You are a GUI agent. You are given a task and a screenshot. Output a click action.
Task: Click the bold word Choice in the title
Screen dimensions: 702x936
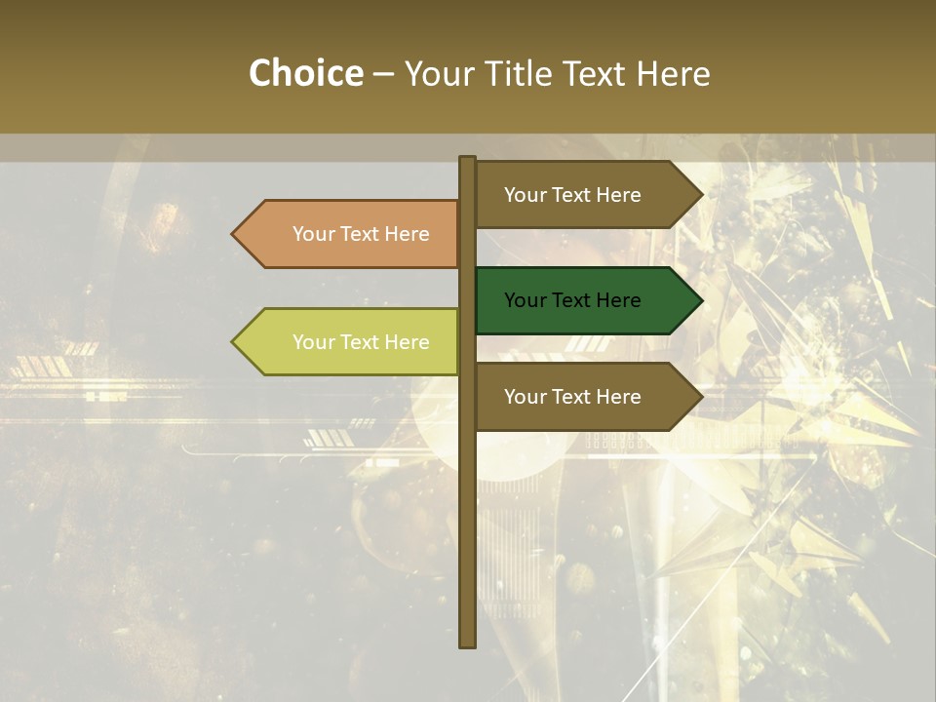[305, 74]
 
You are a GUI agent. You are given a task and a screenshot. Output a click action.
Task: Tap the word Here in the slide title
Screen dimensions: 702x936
[673, 74]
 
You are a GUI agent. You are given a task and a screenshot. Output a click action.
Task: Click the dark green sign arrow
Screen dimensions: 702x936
[585, 300]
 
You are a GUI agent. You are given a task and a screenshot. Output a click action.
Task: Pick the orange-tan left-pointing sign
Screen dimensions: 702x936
[351, 234]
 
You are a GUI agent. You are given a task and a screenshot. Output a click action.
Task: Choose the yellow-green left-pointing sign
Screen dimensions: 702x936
[351, 342]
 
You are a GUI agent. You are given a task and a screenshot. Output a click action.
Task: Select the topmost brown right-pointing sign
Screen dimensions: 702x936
[585, 195]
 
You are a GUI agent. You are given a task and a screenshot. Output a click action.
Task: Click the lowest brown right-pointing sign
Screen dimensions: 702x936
[585, 397]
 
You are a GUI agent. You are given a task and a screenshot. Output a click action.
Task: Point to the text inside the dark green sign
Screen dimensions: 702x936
[572, 300]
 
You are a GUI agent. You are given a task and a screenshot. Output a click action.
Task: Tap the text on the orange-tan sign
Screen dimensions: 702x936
[361, 234]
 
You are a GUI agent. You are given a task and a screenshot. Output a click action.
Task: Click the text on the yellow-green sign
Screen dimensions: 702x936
[361, 342]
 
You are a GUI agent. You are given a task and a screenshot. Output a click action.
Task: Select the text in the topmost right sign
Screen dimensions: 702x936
[572, 195]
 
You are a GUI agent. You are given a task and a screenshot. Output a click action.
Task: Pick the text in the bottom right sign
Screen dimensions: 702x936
[572, 397]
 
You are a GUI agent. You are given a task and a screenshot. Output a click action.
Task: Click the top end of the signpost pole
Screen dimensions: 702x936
[467, 160]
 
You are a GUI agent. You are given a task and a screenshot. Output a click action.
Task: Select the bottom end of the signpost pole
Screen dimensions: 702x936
[467, 643]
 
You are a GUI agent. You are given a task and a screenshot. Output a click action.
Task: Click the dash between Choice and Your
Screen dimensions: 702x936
[383, 75]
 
